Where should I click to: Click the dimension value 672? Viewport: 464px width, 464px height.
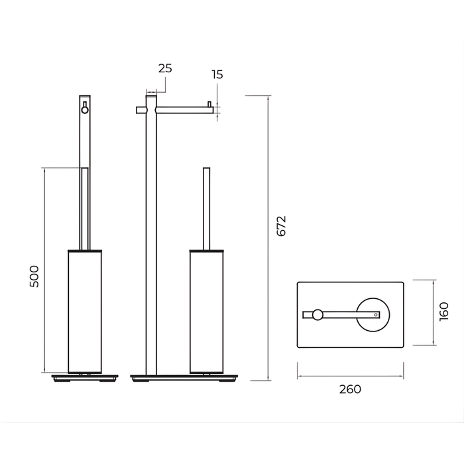coord(282,226)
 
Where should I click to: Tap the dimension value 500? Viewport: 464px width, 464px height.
coord(34,276)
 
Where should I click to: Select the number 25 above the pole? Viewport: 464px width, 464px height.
coord(165,68)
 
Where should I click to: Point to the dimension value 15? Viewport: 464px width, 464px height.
coord(217,74)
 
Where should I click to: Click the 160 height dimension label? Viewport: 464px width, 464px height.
coord(444,312)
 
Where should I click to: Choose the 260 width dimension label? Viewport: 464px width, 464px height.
coord(350,389)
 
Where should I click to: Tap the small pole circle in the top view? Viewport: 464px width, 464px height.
coord(318,315)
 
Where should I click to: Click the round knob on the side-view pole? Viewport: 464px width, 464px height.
coord(85,110)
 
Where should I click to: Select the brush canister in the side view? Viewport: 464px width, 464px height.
coord(85,312)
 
